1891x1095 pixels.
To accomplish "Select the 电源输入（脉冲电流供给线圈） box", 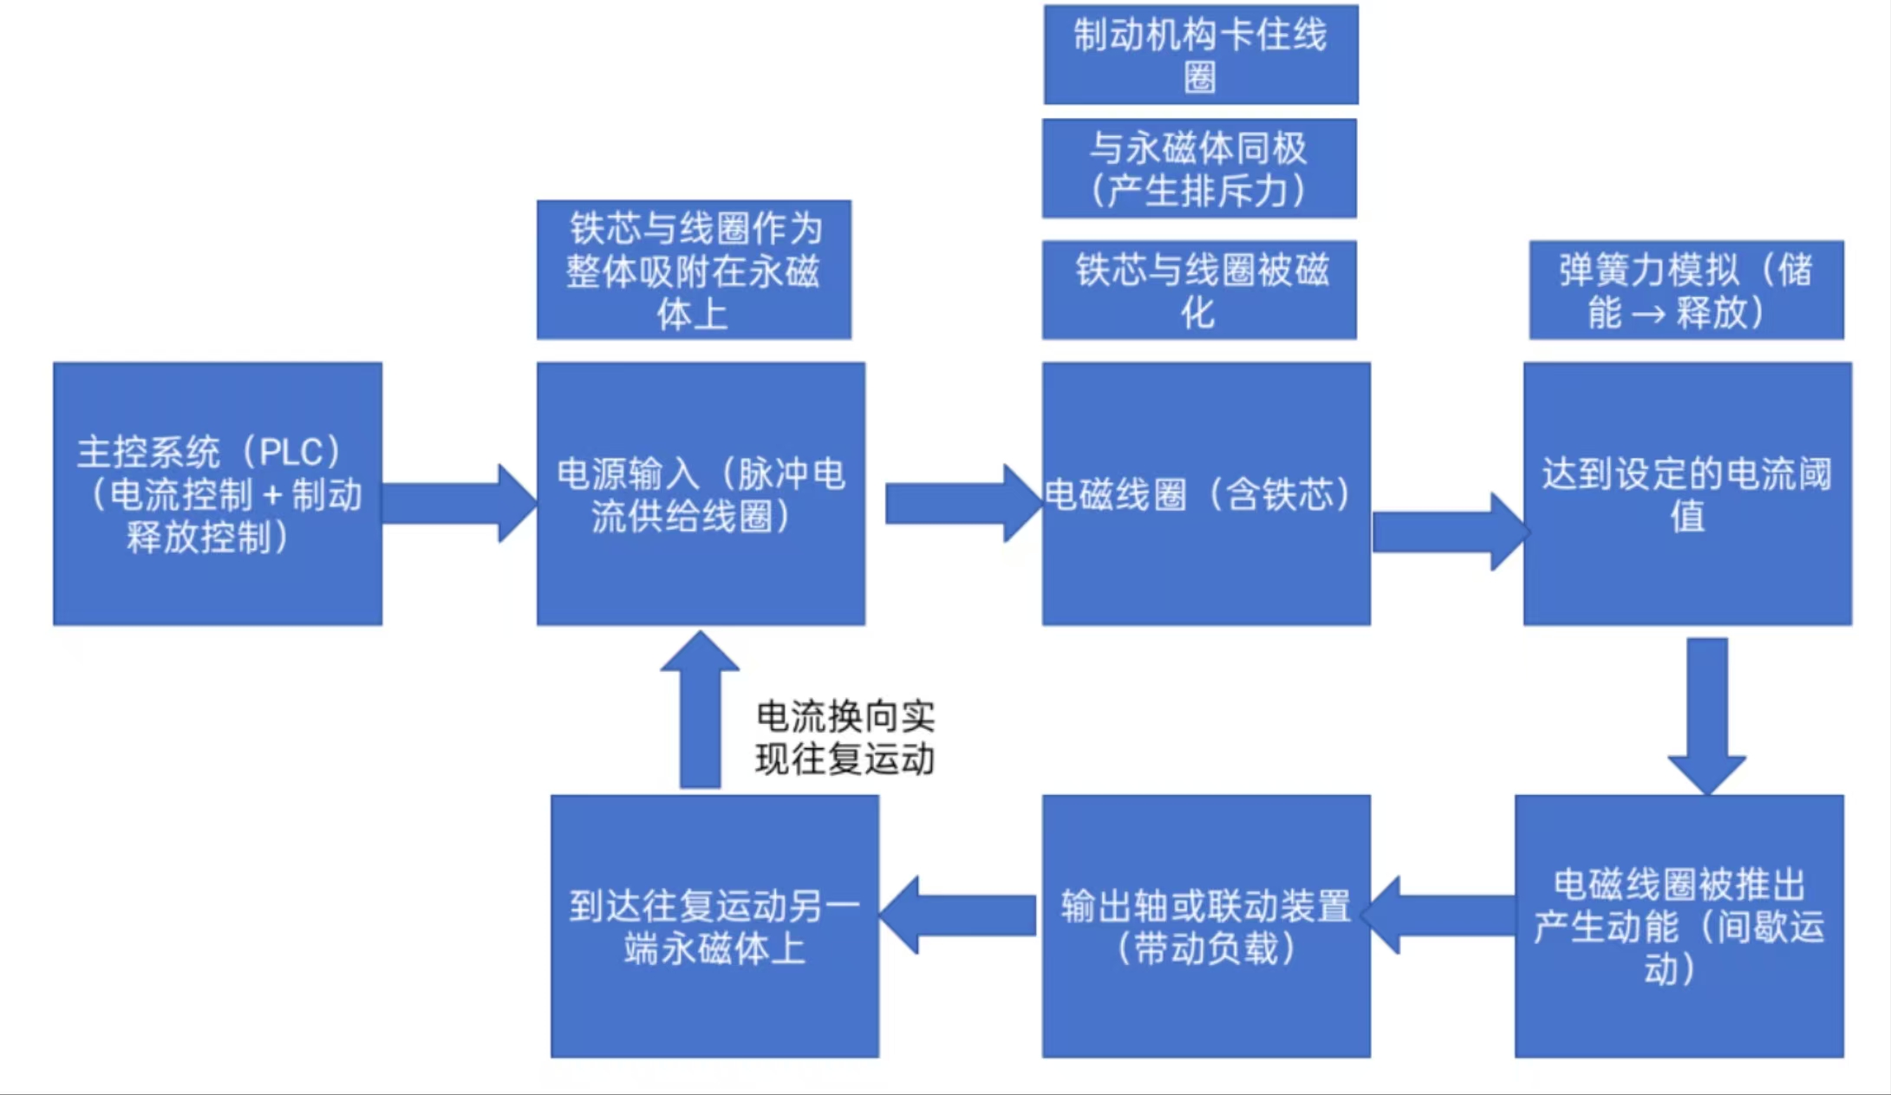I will (701, 493).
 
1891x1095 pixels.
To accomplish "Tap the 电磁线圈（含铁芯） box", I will (1205, 493).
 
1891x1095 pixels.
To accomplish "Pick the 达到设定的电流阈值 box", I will (1686, 493).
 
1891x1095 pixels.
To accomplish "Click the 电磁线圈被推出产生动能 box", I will (1679, 926).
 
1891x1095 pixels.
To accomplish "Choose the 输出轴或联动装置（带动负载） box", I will (1205, 926).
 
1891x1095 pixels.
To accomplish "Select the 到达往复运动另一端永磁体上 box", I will (714, 926).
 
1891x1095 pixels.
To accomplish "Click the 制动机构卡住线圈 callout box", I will (1200, 55).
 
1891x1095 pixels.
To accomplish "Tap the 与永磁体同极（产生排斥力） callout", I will (1198, 168).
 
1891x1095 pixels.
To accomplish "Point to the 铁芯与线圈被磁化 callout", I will (1198, 290).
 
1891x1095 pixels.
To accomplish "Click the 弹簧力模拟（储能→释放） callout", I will (1686, 290).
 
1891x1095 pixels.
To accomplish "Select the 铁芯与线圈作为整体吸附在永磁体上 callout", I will (694, 270).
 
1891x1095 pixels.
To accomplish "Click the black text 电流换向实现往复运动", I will (844, 738).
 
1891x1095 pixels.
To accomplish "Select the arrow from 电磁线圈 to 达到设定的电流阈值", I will (1448, 531).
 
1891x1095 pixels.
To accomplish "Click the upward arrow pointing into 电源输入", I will (700, 711).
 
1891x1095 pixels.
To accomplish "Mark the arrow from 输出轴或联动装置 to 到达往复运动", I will (959, 915).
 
